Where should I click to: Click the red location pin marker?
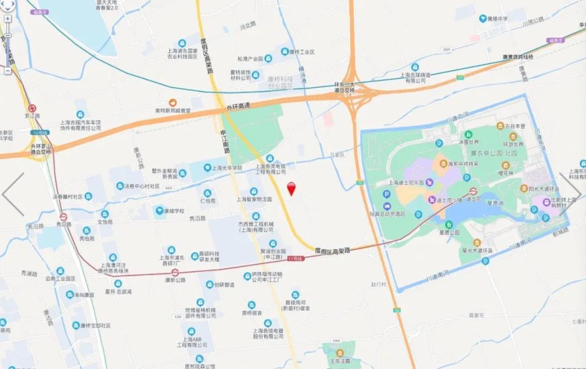point(291,188)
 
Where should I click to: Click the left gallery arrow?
point(13,194)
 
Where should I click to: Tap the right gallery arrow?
point(572,194)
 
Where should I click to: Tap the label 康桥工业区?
point(302,52)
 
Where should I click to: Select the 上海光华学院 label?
point(227,168)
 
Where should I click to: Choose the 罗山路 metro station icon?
point(32,108)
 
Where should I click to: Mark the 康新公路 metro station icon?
point(175,272)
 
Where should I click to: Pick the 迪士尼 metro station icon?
point(473,191)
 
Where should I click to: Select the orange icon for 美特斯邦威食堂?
point(173,102)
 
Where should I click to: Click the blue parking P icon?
point(386,195)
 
